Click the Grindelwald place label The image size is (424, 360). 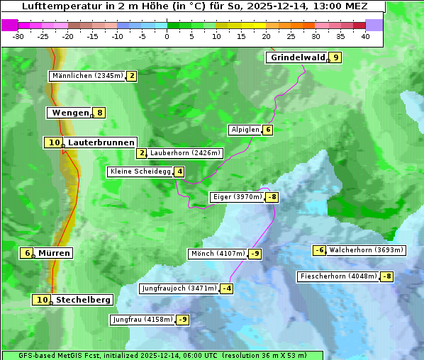(x=297, y=57)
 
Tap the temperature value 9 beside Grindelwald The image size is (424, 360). (x=335, y=57)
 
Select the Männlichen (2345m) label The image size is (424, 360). (x=88, y=76)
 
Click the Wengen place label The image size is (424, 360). (x=70, y=113)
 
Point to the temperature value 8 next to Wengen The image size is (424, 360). (x=100, y=113)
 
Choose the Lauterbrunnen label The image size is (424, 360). (x=101, y=142)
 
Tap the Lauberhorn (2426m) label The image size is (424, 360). (x=186, y=153)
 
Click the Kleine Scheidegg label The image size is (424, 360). (x=140, y=171)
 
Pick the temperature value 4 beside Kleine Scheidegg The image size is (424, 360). (x=179, y=171)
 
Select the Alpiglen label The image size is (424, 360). (x=245, y=130)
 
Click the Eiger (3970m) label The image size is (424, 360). (x=237, y=197)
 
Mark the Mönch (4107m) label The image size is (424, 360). (x=218, y=254)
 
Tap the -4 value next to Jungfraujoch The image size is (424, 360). (x=226, y=288)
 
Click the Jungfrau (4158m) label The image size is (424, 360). (x=142, y=320)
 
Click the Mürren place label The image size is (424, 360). (x=54, y=253)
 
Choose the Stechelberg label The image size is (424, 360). (x=83, y=300)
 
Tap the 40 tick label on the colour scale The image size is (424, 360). (x=365, y=36)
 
